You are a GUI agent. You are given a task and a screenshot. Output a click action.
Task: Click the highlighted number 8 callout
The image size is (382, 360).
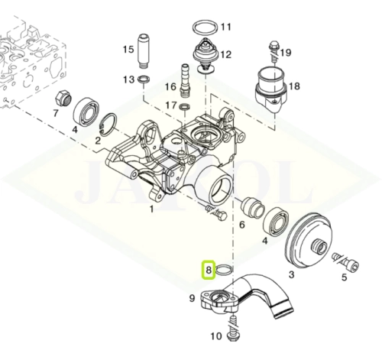209,270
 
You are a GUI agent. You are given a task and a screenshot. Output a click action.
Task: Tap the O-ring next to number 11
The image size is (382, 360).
205,23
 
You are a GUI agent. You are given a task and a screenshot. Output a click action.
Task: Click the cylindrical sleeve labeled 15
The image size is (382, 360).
144,51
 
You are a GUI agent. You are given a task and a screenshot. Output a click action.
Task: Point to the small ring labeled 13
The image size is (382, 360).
144,79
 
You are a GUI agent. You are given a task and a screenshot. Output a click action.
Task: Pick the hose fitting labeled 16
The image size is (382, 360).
185,80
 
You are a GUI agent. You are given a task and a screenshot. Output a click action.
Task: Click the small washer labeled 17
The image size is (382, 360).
185,107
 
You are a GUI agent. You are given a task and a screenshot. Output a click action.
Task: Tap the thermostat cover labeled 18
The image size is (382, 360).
271,89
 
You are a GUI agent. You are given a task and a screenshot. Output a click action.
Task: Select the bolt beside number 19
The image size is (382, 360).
274,50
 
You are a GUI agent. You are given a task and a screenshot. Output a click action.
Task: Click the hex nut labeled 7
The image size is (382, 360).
63,99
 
